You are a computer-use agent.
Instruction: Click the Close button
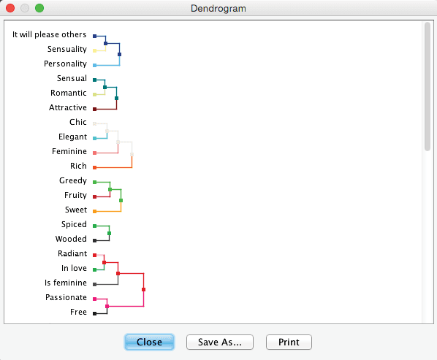(149, 342)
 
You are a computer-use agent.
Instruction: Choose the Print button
(289, 342)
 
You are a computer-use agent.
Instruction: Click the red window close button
(10, 8)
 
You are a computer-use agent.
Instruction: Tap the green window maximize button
(39, 8)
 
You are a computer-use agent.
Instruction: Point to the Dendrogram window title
(218, 8)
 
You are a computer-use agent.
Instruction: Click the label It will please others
(50, 34)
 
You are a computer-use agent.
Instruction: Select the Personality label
(65, 64)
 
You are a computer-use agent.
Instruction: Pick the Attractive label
(68, 107)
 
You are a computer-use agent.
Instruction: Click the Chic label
(78, 122)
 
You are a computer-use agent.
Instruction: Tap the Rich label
(78, 166)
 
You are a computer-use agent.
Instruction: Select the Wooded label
(71, 239)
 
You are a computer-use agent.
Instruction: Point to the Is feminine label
(66, 283)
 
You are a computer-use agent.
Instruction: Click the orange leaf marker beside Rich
(95, 168)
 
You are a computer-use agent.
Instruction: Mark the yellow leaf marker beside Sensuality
(95, 50)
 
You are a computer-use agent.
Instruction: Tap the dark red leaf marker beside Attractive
(95, 109)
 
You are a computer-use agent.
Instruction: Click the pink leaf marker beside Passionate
(95, 299)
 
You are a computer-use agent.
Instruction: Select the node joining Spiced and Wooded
(110, 234)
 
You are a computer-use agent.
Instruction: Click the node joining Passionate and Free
(107, 306)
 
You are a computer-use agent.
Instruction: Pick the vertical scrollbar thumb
(427, 87)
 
